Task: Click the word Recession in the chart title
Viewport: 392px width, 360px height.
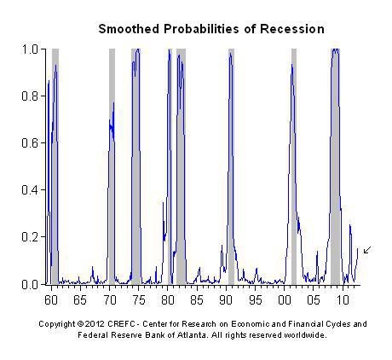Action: pyautogui.click(x=292, y=29)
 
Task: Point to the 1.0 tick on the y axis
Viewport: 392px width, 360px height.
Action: pyautogui.click(x=30, y=49)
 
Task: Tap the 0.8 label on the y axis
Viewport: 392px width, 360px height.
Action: pyautogui.click(x=30, y=96)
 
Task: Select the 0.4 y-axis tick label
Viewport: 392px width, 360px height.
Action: pyautogui.click(x=30, y=189)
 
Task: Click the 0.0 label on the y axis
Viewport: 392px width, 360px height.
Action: pyautogui.click(x=30, y=284)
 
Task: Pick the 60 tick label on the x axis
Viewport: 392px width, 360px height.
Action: pyautogui.click(x=51, y=300)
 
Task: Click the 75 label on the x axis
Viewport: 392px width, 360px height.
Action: pyautogui.click(x=138, y=300)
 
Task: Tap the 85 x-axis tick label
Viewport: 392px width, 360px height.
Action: pyautogui.click(x=197, y=300)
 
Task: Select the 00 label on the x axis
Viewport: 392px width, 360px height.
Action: pyautogui.click(x=285, y=300)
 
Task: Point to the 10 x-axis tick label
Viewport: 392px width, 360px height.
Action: pyautogui.click(x=343, y=300)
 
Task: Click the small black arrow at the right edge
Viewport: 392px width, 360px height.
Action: pyautogui.click(x=367, y=250)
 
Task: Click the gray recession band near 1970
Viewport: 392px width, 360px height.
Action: pyautogui.click(x=112, y=166)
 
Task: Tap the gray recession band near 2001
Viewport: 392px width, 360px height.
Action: pyautogui.click(x=294, y=166)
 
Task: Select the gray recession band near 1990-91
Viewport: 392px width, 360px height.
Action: pyautogui.click(x=231, y=166)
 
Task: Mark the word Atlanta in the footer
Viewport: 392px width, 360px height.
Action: pyautogui.click(x=193, y=335)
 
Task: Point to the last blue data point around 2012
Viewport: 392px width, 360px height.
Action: pyautogui.click(x=358, y=249)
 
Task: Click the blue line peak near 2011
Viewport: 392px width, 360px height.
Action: pyautogui.click(x=350, y=225)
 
